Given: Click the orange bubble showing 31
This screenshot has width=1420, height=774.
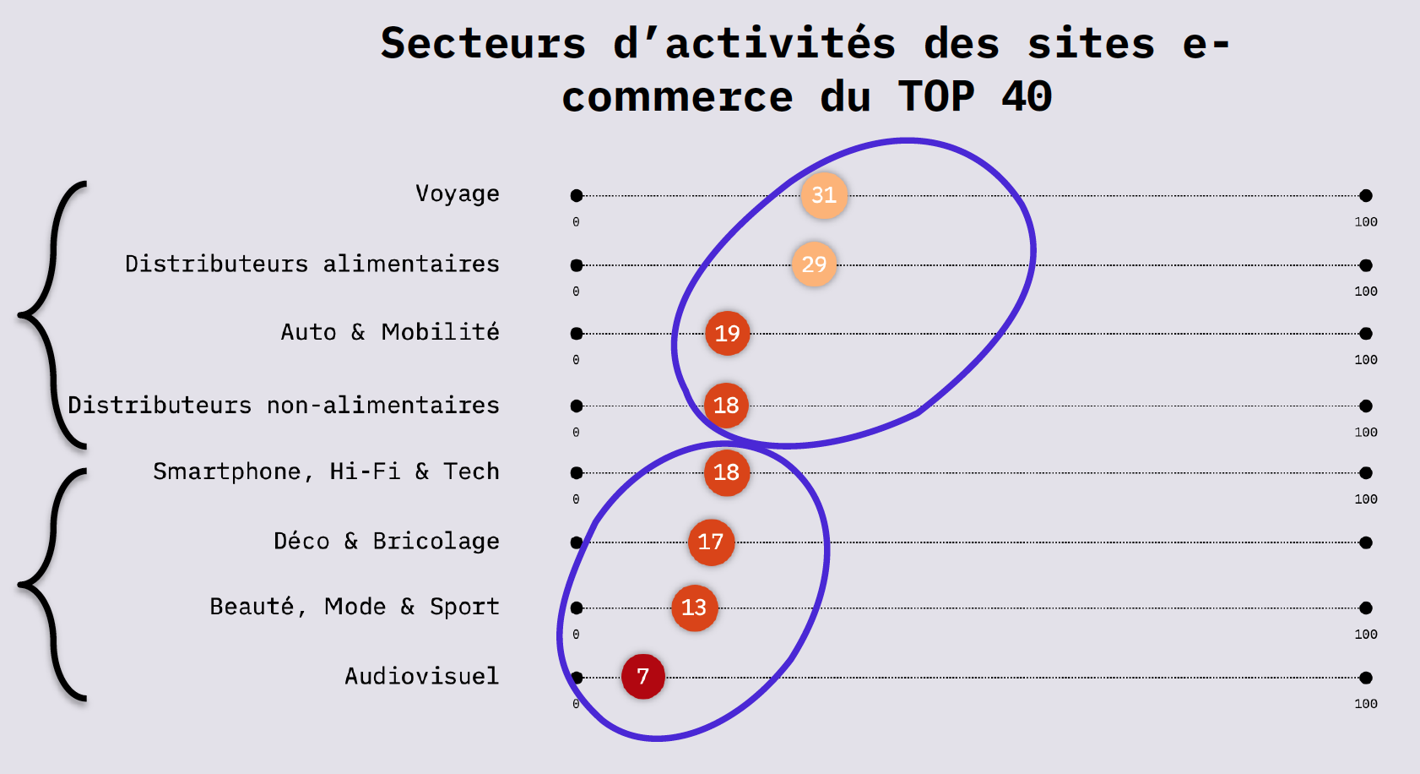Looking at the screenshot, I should point(824,195).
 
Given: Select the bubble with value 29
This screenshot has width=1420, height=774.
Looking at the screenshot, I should point(814,264).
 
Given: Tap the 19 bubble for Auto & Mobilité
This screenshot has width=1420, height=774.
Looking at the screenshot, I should point(727,334).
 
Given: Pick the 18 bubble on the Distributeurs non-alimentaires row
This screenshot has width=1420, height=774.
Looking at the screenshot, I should point(726,406).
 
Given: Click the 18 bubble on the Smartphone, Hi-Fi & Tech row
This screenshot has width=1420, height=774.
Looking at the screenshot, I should point(726,472).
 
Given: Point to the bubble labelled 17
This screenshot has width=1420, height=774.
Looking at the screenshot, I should point(711,542).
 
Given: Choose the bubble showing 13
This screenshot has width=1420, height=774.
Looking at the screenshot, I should point(694,608).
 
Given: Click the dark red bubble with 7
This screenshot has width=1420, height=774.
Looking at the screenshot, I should point(643,677).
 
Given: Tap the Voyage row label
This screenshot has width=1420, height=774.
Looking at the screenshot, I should point(457,194).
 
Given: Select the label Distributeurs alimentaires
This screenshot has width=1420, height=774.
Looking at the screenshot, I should point(312,264).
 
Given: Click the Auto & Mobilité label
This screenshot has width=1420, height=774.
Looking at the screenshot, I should point(389,332).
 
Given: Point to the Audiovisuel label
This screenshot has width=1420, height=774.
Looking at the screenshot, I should point(421,676).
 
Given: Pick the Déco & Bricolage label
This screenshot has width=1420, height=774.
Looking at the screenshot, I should point(386,542).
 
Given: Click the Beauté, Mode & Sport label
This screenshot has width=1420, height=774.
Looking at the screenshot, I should point(354,607).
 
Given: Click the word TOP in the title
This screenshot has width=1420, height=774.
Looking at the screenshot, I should point(935,96).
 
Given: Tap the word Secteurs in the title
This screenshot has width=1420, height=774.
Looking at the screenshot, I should point(483,43).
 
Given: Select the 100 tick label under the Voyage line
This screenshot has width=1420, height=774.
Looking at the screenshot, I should point(1365,222).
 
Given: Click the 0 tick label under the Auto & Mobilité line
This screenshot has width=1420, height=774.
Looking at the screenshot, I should point(576,360).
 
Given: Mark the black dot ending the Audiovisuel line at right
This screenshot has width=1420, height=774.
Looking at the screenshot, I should point(1365,678).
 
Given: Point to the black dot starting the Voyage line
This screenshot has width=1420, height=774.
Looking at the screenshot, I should point(577,196).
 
